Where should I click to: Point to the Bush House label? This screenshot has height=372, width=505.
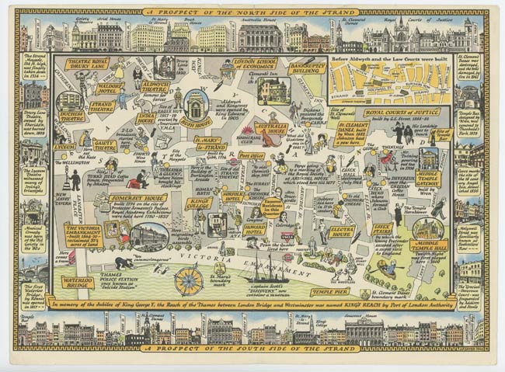[x=194, y=121]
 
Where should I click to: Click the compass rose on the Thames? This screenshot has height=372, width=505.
[x=188, y=280]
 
